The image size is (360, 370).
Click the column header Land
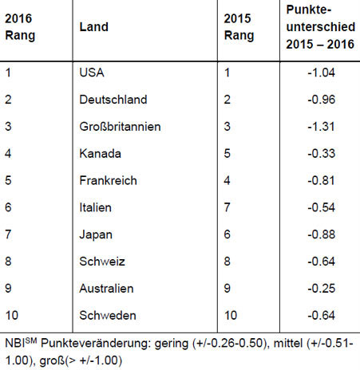click(x=94, y=27)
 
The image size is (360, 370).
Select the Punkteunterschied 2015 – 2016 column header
click(x=321, y=27)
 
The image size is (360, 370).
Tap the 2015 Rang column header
click(x=239, y=27)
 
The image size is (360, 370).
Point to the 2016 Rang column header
click(x=20, y=27)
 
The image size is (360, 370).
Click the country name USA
click(x=92, y=73)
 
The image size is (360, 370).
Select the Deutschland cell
click(x=113, y=100)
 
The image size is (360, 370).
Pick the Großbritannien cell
click(x=120, y=127)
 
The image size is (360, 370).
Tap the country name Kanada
click(x=100, y=154)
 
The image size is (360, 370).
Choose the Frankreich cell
click(x=108, y=180)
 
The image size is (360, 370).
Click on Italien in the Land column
click(x=95, y=207)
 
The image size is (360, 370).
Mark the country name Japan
click(x=96, y=235)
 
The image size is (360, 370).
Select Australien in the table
click(x=106, y=289)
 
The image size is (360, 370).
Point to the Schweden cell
click(x=108, y=316)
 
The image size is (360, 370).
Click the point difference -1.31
click(x=321, y=127)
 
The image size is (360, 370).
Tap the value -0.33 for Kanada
click(x=322, y=154)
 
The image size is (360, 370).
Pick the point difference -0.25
click(x=322, y=289)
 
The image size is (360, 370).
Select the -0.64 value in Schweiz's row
click(x=322, y=262)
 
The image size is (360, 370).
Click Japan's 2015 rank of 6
click(x=227, y=234)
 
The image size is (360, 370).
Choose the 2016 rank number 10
click(x=12, y=316)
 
